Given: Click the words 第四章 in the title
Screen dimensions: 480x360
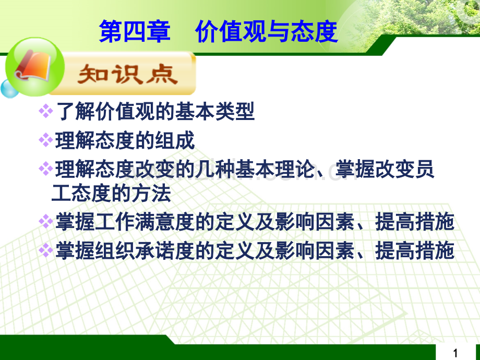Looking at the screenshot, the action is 135,31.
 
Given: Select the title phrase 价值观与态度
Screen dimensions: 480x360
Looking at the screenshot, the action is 266,31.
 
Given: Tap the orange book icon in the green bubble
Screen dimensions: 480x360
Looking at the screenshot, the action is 33,66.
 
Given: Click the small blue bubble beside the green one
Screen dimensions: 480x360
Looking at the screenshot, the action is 9,89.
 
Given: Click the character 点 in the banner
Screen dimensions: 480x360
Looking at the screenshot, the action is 162,75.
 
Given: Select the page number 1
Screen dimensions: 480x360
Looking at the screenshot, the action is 455,353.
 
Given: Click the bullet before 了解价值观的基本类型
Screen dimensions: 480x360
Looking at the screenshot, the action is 46,111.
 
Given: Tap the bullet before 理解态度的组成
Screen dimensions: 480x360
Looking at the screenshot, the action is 46,140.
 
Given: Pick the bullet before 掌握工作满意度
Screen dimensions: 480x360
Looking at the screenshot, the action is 46,221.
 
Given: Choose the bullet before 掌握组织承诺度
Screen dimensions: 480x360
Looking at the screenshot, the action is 46,250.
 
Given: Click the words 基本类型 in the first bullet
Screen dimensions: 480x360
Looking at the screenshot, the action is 214,111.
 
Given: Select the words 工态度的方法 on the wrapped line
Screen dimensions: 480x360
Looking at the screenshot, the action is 111,193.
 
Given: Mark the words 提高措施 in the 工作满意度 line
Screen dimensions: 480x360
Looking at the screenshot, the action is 414,222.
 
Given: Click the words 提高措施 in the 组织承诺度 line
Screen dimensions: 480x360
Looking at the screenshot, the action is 414,250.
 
